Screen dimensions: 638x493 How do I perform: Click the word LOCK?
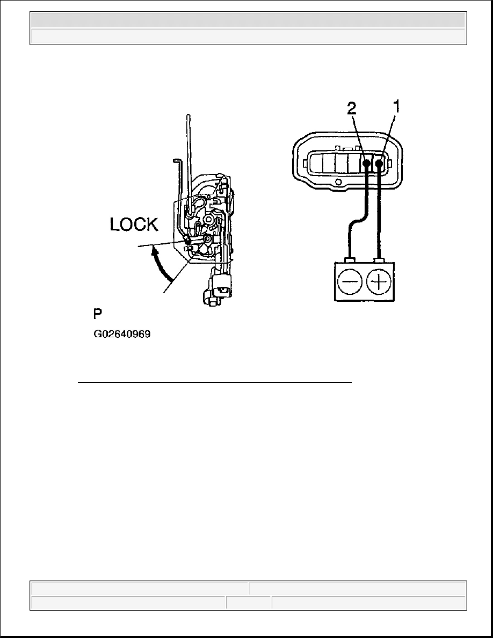pos(134,224)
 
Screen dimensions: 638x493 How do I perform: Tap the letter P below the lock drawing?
pos(98,314)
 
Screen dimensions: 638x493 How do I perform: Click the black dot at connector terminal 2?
pos(366,163)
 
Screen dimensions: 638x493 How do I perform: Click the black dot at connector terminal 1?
pos(380,163)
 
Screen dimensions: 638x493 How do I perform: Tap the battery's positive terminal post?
pos(380,260)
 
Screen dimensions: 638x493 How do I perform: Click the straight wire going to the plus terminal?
pos(380,215)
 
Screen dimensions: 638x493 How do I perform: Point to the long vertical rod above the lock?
pos(188,150)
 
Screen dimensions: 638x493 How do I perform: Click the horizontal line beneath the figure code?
pos(215,383)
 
